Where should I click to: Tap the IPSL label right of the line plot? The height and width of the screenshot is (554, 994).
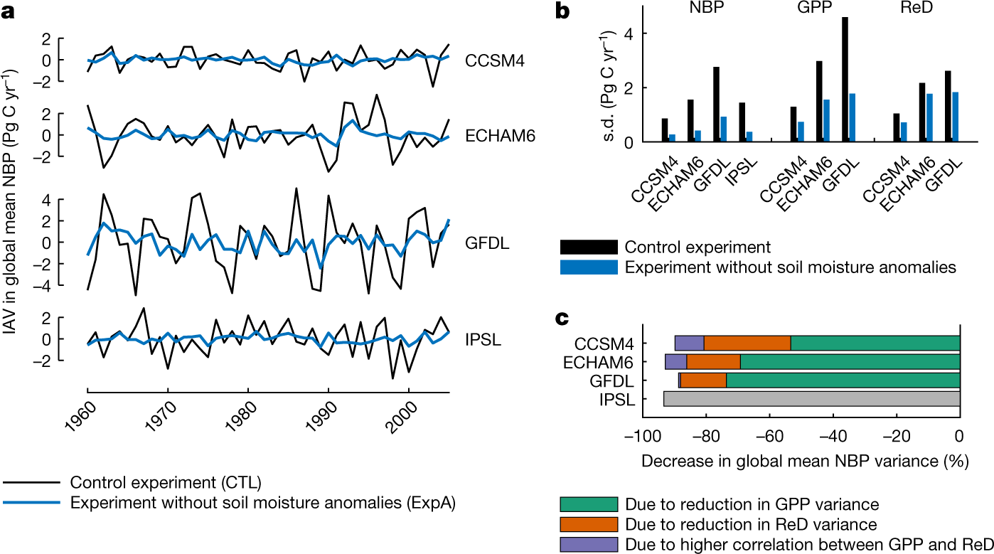point(483,339)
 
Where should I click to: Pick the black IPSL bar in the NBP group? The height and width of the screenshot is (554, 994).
point(722,122)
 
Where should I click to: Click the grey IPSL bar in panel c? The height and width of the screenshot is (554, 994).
point(811,398)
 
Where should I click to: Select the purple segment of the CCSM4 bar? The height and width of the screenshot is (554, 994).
point(689,343)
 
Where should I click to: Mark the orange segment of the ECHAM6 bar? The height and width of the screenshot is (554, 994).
point(713,361)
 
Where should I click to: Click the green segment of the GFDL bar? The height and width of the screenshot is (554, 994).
point(843,380)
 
